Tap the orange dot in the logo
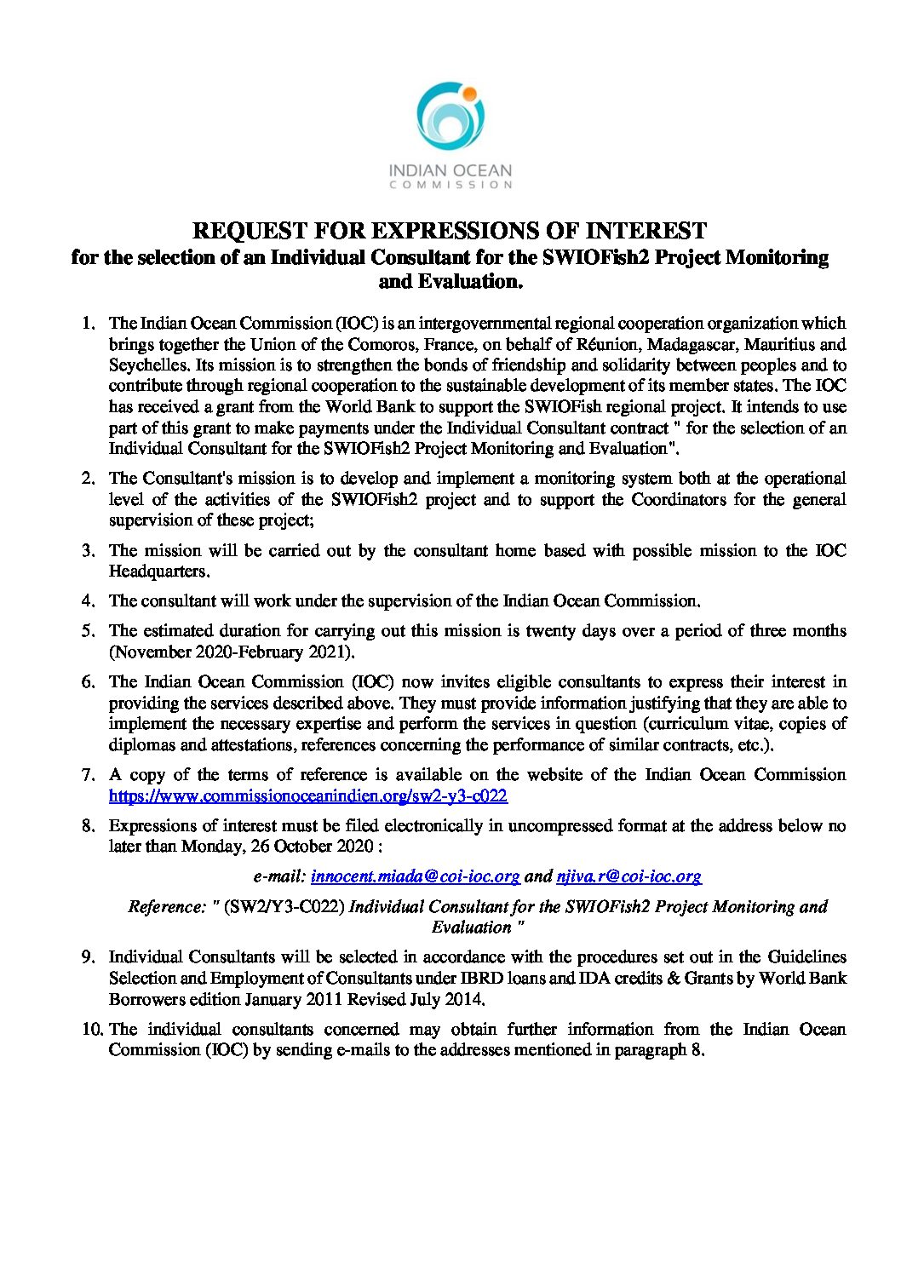coord(469,90)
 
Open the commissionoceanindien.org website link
coord(308,795)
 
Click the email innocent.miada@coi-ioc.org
coord(416,876)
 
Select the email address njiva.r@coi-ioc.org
coord(628,876)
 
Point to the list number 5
coord(88,631)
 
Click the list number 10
coord(91,1029)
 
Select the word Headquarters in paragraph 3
coord(158,571)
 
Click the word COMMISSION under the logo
coord(450,183)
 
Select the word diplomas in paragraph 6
coord(139,744)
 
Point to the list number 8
coord(88,825)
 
